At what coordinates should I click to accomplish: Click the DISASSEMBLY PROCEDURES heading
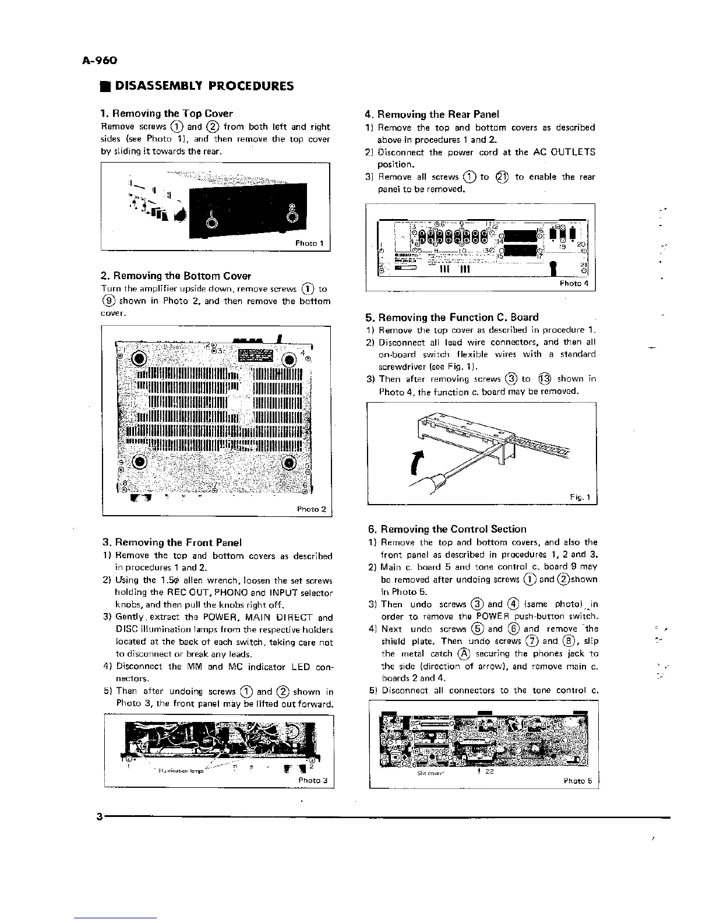(204, 86)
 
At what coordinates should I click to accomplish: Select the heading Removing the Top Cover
(167, 114)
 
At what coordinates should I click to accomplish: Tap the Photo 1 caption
(309, 244)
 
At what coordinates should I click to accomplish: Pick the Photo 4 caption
(574, 284)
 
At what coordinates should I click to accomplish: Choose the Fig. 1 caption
(580, 497)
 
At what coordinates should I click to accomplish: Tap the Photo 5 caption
(577, 781)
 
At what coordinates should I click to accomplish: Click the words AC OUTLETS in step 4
(564, 152)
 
